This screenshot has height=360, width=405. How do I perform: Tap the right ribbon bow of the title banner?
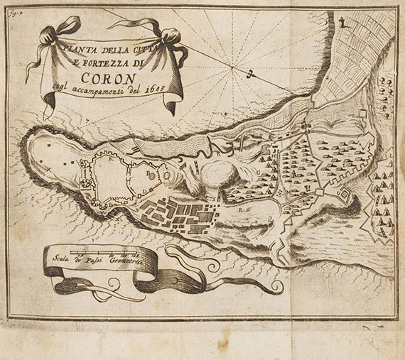point(174,39)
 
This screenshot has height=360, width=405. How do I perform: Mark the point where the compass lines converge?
point(234,67)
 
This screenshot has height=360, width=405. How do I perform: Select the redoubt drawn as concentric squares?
point(342,195)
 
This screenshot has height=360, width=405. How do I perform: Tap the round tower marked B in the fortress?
point(163,173)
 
